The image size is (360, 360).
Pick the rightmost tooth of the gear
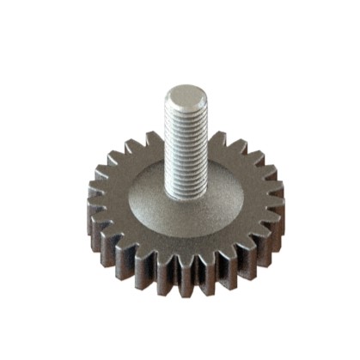[x=277, y=206]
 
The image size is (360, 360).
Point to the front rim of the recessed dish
[x=184, y=234]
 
